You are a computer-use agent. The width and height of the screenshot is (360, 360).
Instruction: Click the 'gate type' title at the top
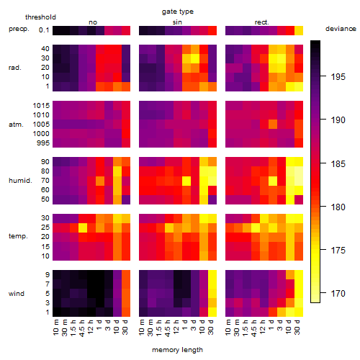tap(178, 12)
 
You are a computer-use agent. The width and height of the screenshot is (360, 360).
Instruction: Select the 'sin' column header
tap(177, 22)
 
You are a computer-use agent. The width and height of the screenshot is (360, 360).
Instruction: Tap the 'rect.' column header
tap(261, 22)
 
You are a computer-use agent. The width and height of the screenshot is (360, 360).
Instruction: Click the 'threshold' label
tap(40, 17)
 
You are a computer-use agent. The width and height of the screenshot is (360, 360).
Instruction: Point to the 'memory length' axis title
tap(177, 350)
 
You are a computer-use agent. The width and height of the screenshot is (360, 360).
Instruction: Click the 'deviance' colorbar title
tap(341, 29)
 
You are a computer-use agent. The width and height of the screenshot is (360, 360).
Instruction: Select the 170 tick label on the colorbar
tap(338, 293)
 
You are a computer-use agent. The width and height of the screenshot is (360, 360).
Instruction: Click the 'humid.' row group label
tap(20, 181)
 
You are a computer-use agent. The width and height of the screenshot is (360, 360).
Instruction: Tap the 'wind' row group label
tap(17, 294)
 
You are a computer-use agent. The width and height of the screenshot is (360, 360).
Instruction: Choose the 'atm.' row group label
tap(16, 125)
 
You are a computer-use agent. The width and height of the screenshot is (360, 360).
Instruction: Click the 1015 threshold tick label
tap(41, 106)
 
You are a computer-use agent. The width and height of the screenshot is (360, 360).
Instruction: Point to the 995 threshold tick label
tap(43, 143)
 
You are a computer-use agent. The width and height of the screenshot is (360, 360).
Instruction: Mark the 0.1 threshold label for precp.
tap(44, 30)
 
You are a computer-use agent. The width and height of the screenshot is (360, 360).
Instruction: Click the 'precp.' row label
tap(19, 29)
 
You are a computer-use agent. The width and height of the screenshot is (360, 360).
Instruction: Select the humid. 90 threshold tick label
tap(45, 162)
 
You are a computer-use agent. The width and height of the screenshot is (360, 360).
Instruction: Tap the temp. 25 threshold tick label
tap(45, 228)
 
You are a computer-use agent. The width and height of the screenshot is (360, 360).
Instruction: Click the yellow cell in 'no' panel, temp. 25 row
tap(83, 228)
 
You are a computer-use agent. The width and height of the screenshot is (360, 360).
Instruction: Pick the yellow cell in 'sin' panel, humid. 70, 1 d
tap(186, 181)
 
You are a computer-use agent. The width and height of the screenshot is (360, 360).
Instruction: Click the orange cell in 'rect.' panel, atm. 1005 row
tap(273, 125)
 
